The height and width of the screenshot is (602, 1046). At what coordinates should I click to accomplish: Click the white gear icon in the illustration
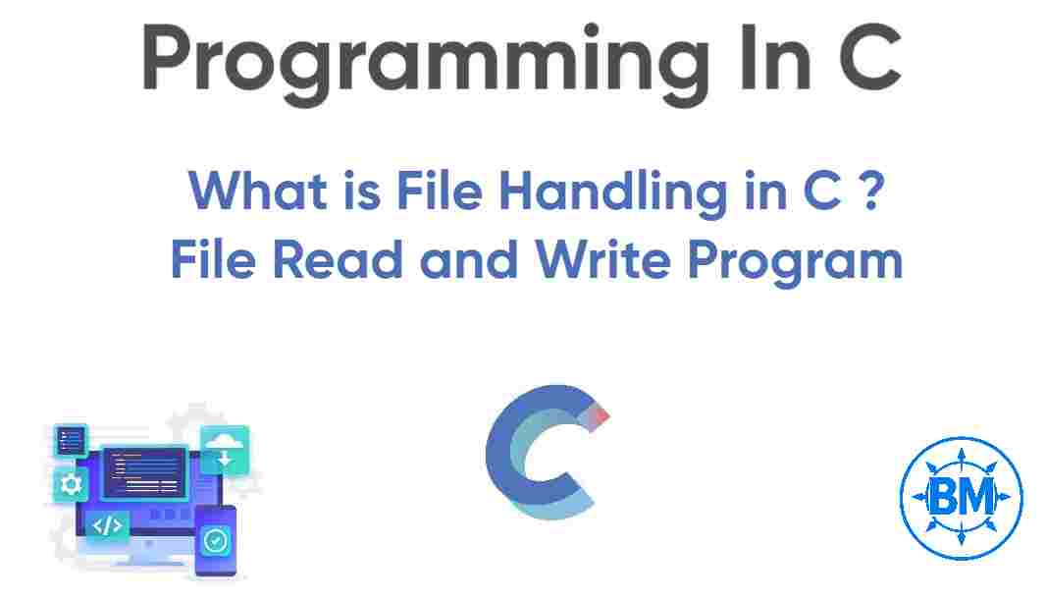pos(71,483)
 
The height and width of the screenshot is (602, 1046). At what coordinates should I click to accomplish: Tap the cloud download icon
pos(225,451)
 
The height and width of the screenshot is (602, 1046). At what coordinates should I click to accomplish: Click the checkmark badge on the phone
pos(214,539)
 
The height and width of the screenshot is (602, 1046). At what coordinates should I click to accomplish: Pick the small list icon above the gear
pos(71,440)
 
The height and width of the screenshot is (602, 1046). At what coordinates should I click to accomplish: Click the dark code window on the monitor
pos(145,471)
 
